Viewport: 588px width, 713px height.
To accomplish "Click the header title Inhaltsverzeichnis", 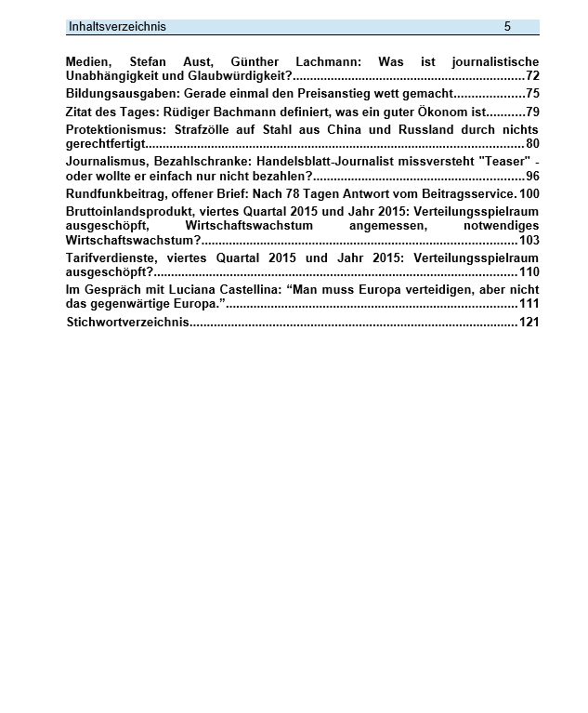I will [x=117, y=27].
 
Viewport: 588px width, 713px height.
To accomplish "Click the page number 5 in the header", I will [x=507, y=27].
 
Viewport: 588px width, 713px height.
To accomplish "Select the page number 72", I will [x=531, y=75].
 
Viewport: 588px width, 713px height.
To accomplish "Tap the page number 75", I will [x=531, y=94].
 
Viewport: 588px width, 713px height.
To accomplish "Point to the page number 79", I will [x=531, y=112].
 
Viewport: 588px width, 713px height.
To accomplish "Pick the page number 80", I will [x=531, y=143].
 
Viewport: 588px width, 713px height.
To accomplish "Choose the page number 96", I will [x=531, y=176].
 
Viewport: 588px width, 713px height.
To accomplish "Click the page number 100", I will [x=529, y=193].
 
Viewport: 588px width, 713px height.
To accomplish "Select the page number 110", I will [x=529, y=271].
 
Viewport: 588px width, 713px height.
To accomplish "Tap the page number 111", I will [x=529, y=304].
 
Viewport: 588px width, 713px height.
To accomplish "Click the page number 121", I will [x=529, y=323].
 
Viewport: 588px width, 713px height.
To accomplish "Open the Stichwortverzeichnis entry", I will [x=128, y=323].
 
